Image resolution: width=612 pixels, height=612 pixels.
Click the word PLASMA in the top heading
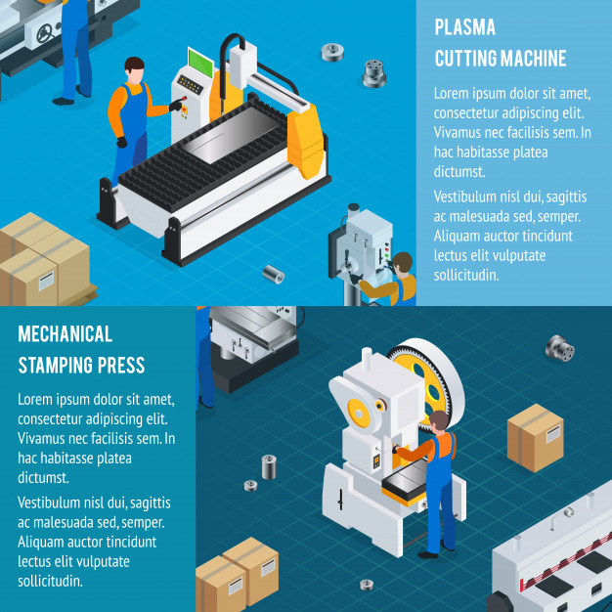(x=464, y=27)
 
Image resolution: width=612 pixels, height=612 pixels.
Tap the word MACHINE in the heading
(x=533, y=59)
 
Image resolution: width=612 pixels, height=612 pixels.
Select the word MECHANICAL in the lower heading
(x=66, y=334)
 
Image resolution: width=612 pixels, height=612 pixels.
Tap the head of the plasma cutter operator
(x=135, y=70)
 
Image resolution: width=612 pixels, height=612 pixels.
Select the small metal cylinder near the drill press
(x=273, y=274)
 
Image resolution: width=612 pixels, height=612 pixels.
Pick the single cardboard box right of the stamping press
(x=535, y=438)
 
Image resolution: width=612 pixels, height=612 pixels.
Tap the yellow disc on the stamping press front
(x=359, y=413)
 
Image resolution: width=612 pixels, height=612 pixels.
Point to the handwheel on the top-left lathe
(x=46, y=33)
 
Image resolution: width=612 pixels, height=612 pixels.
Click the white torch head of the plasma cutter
(x=242, y=66)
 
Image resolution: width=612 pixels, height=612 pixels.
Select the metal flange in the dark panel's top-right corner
(x=560, y=348)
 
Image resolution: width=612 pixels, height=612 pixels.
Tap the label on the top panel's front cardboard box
(x=47, y=281)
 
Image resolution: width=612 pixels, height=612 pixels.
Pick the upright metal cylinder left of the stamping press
(x=269, y=466)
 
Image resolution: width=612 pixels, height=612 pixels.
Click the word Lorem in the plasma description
(x=452, y=94)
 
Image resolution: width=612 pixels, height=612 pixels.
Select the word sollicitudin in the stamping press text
(x=50, y=581)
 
